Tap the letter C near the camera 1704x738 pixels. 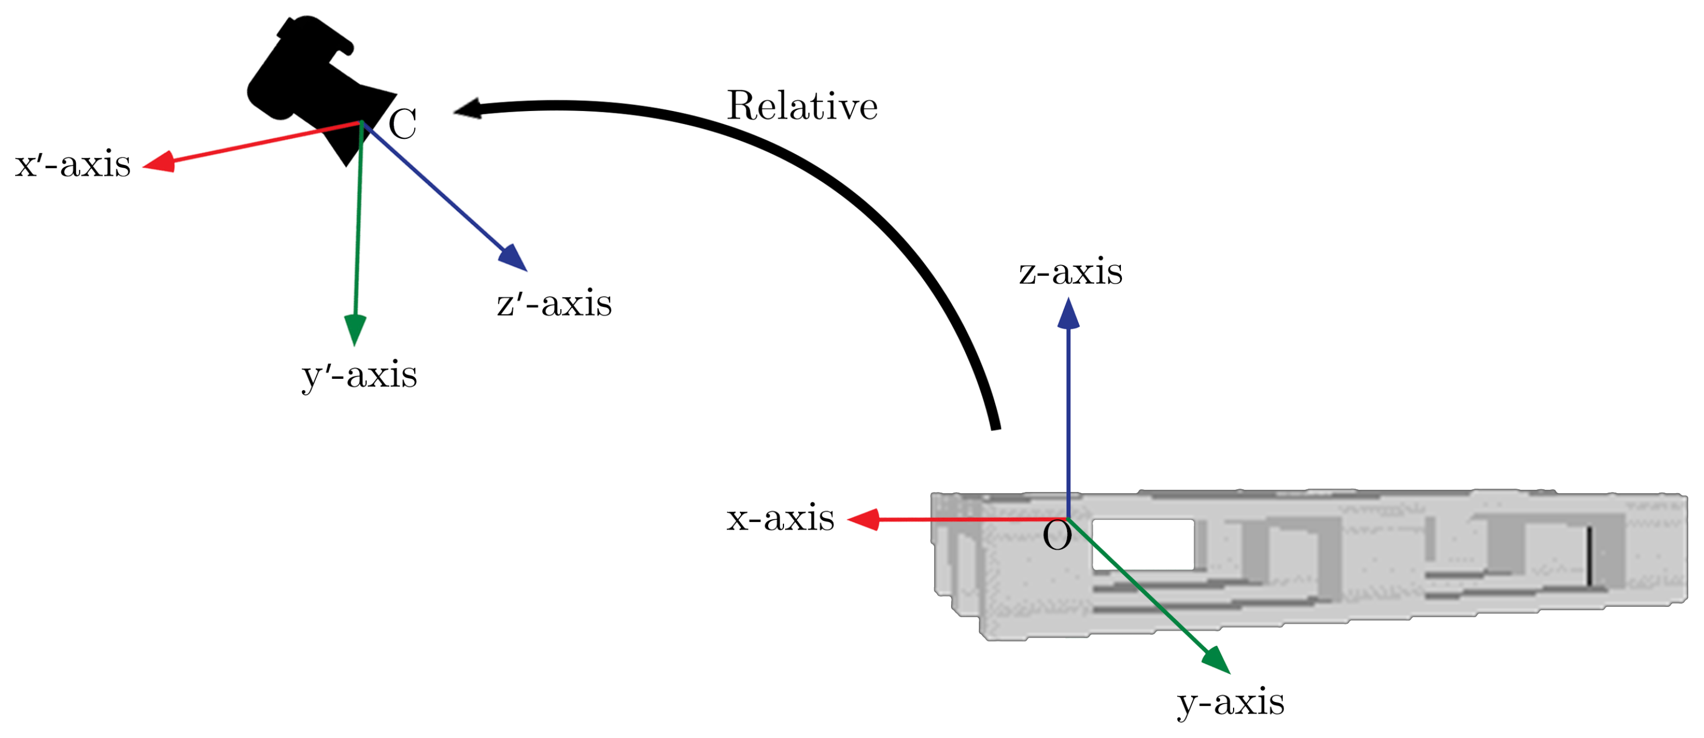(403, 124)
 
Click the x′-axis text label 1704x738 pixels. (73, 165)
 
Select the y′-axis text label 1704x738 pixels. (359, 376)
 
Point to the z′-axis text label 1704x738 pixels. (554, 304)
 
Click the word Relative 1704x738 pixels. (802, 106)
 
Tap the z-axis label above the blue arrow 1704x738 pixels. (1070, 272)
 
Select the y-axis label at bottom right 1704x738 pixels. (1230, 702)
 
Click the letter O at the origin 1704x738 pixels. (1057, 536)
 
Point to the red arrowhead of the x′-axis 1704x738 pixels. (159, 162)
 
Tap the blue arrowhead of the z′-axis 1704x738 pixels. (513, 257)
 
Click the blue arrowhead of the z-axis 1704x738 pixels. (1068, 313)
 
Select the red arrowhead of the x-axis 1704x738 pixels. (863, 520)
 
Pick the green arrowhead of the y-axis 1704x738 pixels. (1216, 660)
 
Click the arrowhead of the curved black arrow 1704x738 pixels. (468, 109)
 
